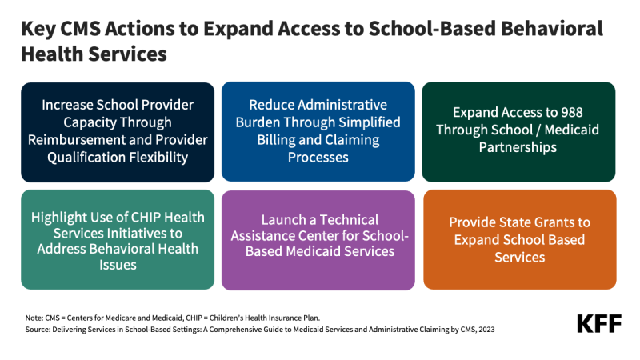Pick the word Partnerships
[519, 148]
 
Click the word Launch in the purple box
[278, 217]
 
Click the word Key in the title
[38, 30]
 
